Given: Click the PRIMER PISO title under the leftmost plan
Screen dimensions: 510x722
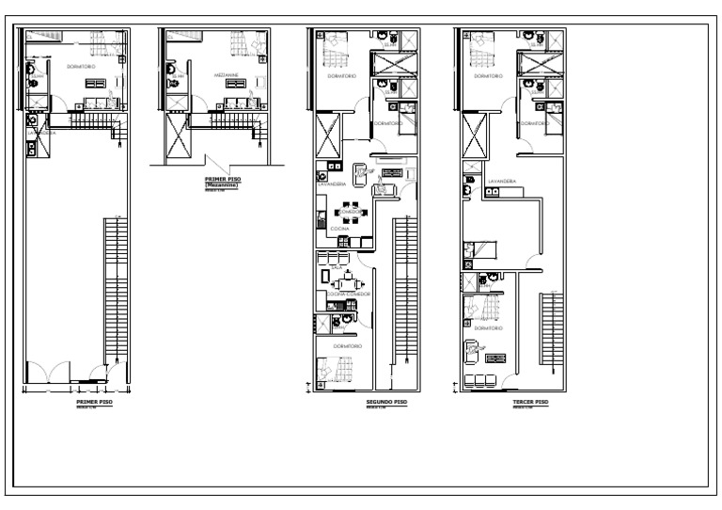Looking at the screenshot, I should pos(94,401).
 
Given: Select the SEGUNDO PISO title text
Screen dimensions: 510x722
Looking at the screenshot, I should pos(385,401).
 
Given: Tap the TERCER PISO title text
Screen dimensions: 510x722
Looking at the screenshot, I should pos(532,401).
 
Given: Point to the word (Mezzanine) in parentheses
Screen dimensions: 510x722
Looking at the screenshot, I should pos(222,185).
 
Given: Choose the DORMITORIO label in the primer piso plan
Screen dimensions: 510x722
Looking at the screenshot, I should pos(82,68).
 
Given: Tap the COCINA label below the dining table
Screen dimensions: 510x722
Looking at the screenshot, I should pos(339,229).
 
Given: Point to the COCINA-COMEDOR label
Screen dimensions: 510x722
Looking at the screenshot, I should pos(348,295).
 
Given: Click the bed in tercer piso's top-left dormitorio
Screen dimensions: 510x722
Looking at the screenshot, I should pos(481,43).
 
